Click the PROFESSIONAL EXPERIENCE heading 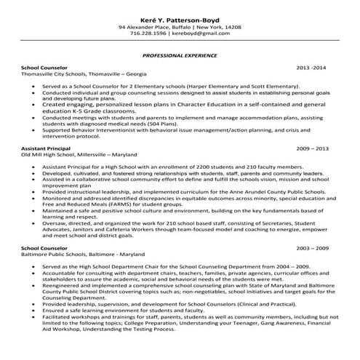pos(179,55)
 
